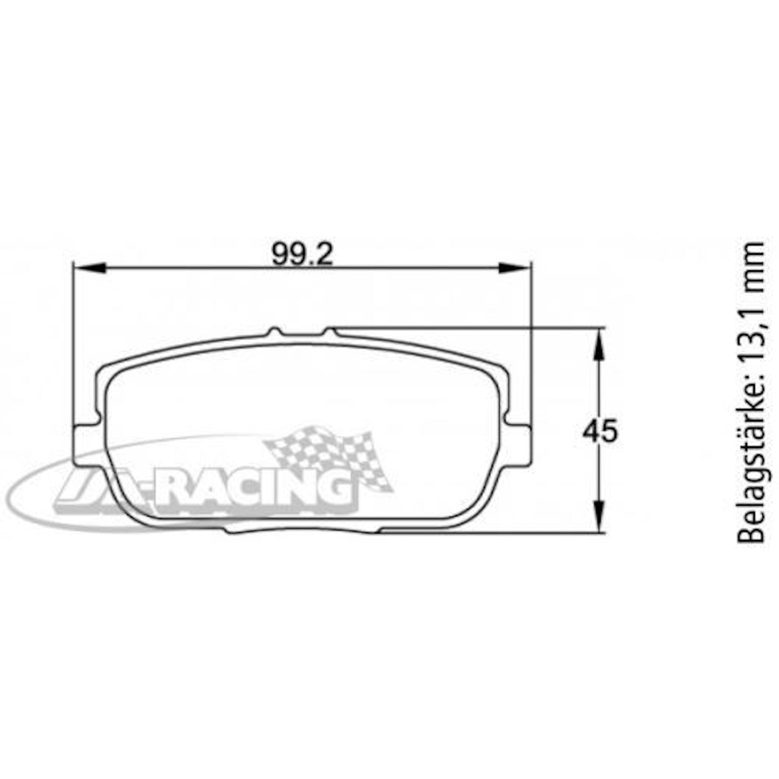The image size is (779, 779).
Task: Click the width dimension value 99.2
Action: tap(302, 253)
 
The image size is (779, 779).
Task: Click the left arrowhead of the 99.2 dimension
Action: tap(89, 267)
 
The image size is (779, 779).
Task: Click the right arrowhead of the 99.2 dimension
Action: tap(515, 267)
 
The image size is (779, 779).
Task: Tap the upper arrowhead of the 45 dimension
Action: tap(598, 345)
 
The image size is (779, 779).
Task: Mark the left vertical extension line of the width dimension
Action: tap(73, 334)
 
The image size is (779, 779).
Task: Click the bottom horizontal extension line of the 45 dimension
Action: tap(485, 533)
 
